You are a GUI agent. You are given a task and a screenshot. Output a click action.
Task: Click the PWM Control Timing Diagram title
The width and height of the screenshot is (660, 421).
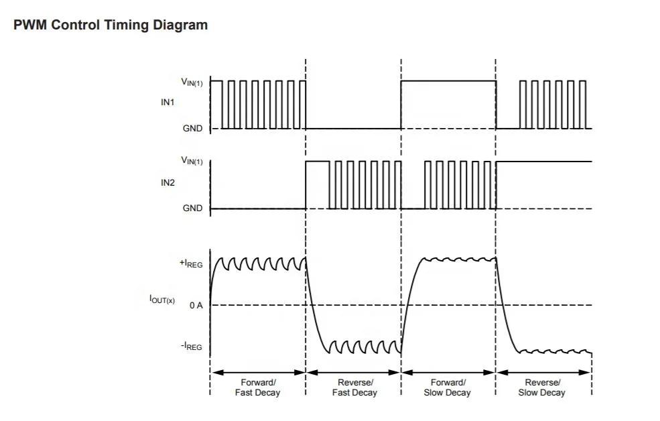[111, 25]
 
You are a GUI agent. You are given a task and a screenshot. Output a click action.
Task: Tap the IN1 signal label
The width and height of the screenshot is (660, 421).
[168, 103]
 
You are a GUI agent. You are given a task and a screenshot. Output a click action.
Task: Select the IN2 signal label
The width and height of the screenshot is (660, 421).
[168, 183]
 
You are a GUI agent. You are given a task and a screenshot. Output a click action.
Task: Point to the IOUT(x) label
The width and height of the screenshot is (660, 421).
[162, 300]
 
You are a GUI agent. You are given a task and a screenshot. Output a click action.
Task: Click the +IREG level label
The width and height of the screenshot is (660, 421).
[191, 263]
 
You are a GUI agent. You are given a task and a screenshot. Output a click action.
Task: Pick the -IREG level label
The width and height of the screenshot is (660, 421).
[192, 347]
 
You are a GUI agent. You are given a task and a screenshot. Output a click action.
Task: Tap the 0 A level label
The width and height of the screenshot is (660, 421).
[196, 305]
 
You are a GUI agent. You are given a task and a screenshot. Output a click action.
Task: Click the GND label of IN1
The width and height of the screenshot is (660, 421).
[192, 129]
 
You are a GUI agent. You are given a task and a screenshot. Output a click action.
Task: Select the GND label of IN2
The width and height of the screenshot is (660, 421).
[192, 208]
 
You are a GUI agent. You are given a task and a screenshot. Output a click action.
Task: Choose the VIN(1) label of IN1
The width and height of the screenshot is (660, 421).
[192, 82]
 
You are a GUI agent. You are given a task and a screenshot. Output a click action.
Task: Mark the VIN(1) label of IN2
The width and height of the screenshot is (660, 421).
[192, 161]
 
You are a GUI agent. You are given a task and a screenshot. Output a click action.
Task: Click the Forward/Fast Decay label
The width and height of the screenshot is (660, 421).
[257, 387]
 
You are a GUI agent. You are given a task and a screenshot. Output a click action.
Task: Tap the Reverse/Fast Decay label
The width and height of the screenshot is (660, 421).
[355, 387]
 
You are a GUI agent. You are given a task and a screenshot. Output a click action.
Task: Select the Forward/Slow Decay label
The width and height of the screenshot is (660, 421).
[448, 387]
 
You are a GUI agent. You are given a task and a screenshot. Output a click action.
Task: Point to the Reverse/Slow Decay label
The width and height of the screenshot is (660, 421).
[542, 387]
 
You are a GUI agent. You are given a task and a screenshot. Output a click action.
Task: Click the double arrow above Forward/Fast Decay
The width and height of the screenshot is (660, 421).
[258, 372]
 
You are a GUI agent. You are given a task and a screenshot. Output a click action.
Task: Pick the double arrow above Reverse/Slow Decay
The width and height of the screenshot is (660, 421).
[544, 372]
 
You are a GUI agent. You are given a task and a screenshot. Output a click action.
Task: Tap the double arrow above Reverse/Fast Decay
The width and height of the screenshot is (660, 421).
[354, 372]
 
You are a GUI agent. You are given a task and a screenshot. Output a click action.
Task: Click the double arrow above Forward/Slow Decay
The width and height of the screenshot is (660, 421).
[448, 372]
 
